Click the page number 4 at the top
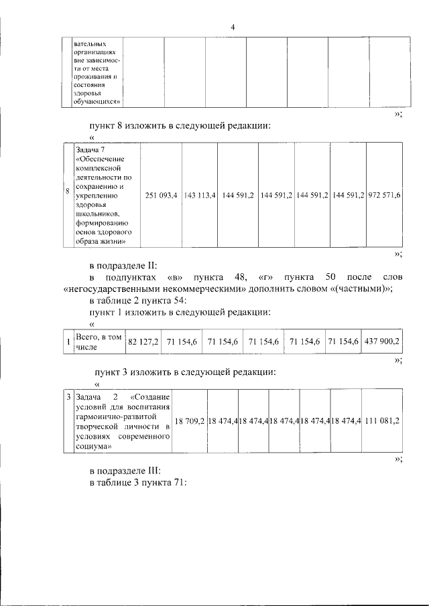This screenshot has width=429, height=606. pyautogui.click(x=232, y=27)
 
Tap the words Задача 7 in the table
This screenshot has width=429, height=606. pyautogui.click(x=90, y=149)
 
